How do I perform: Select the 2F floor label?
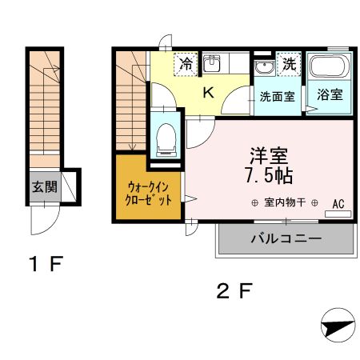[x=235, y=290]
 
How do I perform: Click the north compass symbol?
[x=338, y=327]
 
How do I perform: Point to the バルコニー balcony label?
[x=286, y=238]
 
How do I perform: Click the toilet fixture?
[x=166, y=137]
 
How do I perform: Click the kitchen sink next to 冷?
[x=212, y=63]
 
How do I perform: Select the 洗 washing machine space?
[x=288, y=62]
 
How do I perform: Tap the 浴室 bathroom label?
[x=330, y=94]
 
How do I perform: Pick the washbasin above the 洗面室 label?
[x=264, y=66]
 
